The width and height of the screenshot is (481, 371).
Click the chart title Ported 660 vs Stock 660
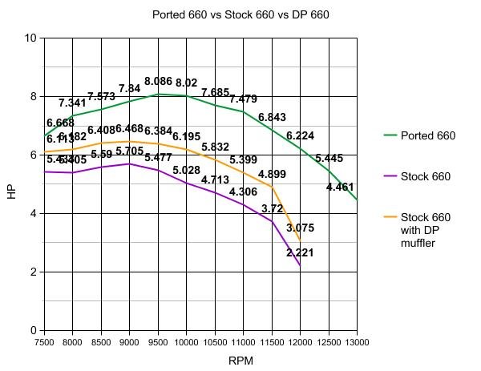coord(240,14)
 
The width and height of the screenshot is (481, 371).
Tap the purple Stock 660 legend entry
coord(424,177)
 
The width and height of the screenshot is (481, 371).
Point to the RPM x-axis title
coord(240,361)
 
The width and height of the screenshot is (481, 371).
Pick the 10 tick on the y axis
coord(31,38)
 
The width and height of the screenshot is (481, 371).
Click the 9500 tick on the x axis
coord(157,342)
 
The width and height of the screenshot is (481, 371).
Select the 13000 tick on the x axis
coord(357,342)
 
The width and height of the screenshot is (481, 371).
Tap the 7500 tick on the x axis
coord(44,342)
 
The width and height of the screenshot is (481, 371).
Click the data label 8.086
coord(158,82)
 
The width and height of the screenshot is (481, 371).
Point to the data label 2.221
coord(301,253)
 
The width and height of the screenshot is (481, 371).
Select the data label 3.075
coord(301,228)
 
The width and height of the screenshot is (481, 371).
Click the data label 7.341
coord(72,103)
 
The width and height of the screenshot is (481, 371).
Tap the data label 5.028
coord(186,171)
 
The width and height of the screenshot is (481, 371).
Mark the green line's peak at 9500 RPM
coord(158,94)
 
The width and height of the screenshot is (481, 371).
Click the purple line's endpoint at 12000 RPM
coord(300,265)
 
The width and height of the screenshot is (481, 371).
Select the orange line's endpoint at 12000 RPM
coord(300,240)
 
